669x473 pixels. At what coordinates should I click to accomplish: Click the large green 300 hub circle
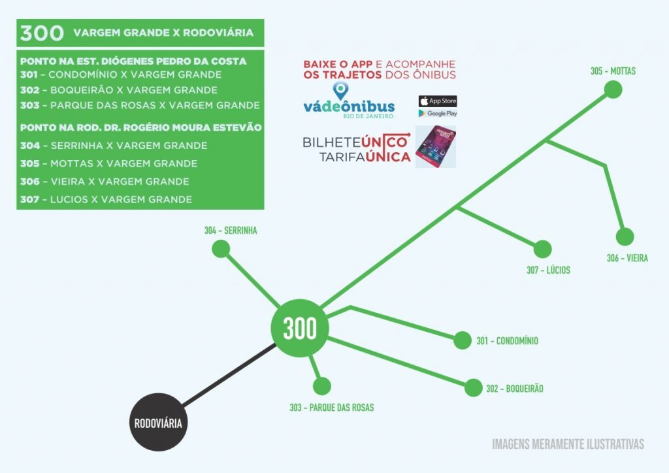click(300, 328)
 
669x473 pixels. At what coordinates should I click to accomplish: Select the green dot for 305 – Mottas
click(612, 90)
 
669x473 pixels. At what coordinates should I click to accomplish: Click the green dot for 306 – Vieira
click(625, 236)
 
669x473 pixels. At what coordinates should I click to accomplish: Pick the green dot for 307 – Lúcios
click(542, 249)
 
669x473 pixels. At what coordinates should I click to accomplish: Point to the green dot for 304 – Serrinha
click(221, 249)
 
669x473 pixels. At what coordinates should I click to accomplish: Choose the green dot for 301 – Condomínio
click(462, 340)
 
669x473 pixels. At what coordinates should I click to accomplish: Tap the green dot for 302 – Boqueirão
click(473, 387)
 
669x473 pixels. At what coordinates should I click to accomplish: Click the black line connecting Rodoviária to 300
click(229, 376)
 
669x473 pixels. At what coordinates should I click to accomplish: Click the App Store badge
click(437, 101)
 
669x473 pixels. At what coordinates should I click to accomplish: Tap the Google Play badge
click(437, 114)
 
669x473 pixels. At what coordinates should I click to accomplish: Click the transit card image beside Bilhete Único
click(436, 146)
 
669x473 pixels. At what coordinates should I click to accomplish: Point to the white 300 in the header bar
click(42, 33)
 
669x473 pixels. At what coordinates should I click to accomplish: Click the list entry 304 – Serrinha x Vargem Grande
click(114, 146)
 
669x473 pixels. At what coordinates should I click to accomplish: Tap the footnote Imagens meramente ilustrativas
click(568, 444)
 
